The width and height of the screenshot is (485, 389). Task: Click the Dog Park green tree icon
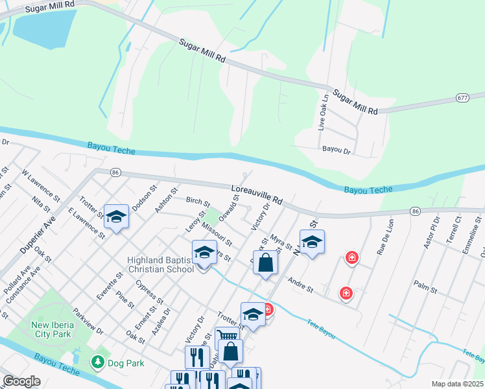pyautogui.click(x=98, y=362)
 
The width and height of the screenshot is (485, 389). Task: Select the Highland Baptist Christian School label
pyautogui.click(x=160, y=265)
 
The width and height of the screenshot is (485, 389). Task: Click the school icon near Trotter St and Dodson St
pyautogui.click(x=116, y=217)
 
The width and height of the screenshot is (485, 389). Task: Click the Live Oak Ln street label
pyautogui.click(x=322, y=113)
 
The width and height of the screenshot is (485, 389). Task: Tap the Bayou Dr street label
pyautogui.click(x=336, y=150)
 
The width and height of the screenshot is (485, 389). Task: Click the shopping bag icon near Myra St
pyautogui.click(x=265, y=263)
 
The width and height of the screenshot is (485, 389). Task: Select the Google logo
pyautogui.click(x=21, y=381)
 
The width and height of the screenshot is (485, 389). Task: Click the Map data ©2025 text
pyautogui.click(x=456, y=384)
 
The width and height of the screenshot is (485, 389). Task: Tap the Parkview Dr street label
pyautogui.click(x=88, y=320)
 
